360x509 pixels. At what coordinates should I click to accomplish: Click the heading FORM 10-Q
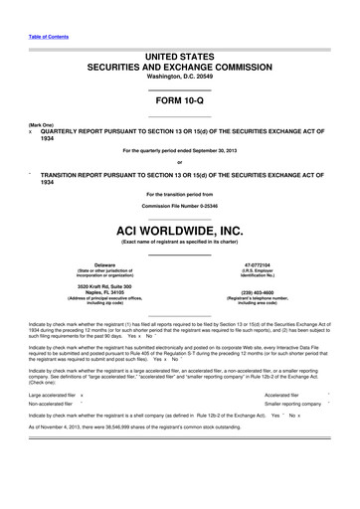pyautogui.click(x=180, y=103)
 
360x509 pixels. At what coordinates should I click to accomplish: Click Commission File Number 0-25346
pyautogui.click(x=180, y=206)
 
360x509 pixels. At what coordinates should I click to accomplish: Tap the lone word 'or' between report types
pyautogui.click(x=180, y=162)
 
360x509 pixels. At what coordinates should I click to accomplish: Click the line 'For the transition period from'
pyautogui.click(x=180, y=194)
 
